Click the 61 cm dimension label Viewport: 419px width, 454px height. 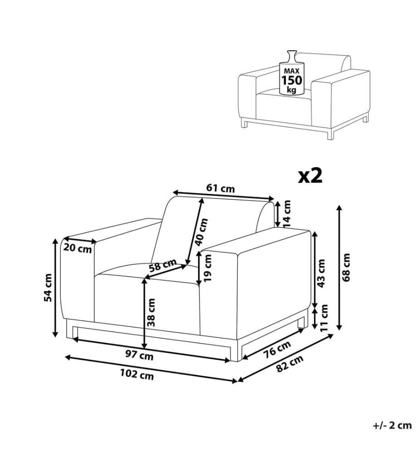pos(220,188)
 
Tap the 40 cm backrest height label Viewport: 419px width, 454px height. pos(201,232)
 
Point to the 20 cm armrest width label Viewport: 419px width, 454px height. pos(78,248)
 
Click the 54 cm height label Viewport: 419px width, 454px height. pos(48,287)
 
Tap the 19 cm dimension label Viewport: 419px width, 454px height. pos(208,268)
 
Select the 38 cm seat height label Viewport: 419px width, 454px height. pos(151,312)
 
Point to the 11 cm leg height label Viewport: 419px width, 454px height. pos(324,318)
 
